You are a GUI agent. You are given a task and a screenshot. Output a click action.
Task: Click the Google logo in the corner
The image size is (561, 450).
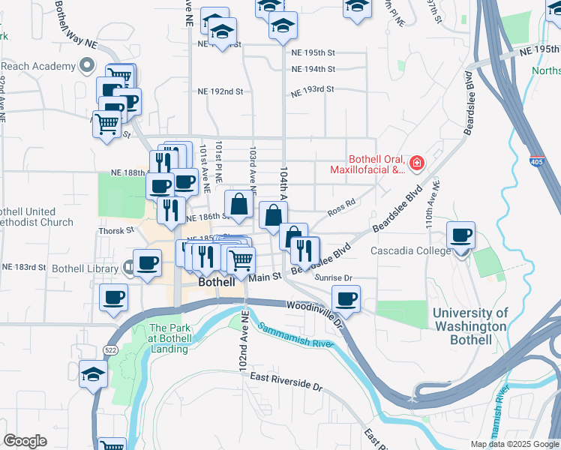tap(25, 441)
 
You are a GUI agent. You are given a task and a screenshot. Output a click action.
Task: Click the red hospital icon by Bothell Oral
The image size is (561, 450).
tap(416, 162)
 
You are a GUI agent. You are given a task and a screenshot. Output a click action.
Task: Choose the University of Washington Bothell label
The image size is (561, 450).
tap(469, 327)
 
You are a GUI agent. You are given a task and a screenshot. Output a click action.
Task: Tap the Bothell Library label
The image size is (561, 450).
tap(85, 268)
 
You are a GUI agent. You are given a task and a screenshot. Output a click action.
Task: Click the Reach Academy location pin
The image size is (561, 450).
tap(88, 65)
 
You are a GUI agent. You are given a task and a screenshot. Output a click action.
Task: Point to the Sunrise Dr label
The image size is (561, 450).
tap(334, 277)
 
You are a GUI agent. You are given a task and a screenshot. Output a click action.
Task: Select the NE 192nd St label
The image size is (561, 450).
tap(220, 91)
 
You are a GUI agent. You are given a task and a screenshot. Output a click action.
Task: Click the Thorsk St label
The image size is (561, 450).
tap(115, 231)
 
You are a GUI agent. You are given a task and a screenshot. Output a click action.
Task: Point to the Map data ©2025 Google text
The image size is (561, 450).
tap(514, 444)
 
